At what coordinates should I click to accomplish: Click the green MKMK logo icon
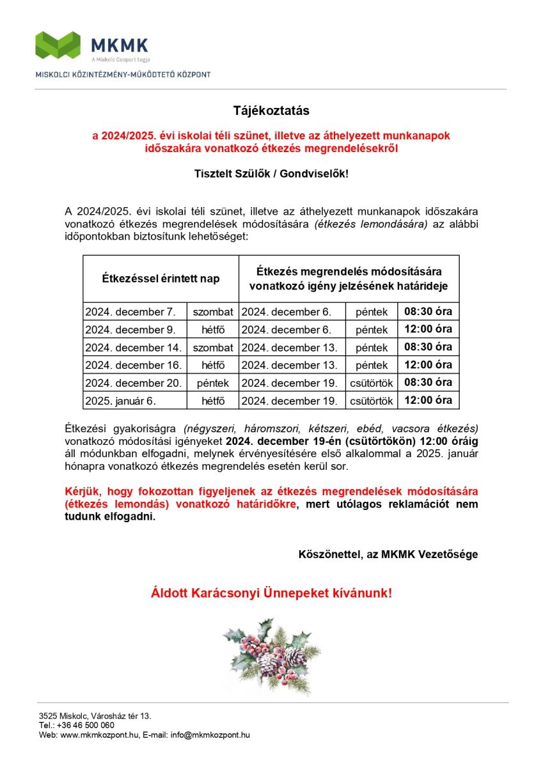pyautogui.click(x=59, y=45)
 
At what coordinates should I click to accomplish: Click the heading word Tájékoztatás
pyautogui.click(x=271, y=111)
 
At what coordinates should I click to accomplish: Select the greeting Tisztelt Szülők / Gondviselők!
pyautogui.click(x=271, y=173)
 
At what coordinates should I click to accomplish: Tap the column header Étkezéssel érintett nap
pyautogui.click(x=161, y=279)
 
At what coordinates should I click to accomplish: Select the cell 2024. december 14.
pyautogui.click(x=133, y=348)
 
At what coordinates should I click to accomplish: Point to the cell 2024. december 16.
pyautogui.click(x=133, y=365)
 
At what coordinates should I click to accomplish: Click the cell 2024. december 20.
pyautogui.click(x=133, y=383)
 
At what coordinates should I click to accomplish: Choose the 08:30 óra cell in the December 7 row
pyautogui.click(x=428, y=312)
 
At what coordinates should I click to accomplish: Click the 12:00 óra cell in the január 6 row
pyautogui.click(x=428, y=400)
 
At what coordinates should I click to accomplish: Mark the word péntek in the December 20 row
pyautogui.click(x=213, y=383)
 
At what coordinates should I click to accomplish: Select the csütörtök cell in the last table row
pyautogui.click(x=372, y=401)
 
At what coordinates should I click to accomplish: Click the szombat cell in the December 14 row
pyautogui.click(x=213, y=348)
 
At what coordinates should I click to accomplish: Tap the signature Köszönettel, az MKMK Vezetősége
pyautogui.click(x=388, y=554)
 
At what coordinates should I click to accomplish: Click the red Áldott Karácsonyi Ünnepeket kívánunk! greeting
pyautogui.click(x=271, y=593)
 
